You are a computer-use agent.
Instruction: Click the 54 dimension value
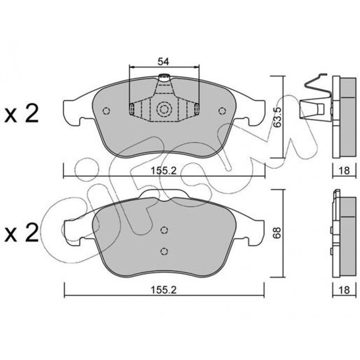click(163, 62)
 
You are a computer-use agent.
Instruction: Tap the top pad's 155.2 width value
click(164, 171)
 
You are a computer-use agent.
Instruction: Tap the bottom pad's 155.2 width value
click(164, 290)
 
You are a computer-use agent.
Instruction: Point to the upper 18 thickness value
click(344, 171)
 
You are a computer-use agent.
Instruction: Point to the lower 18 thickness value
click(344, 290)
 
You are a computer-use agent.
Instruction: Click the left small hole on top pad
click(106, 111)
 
